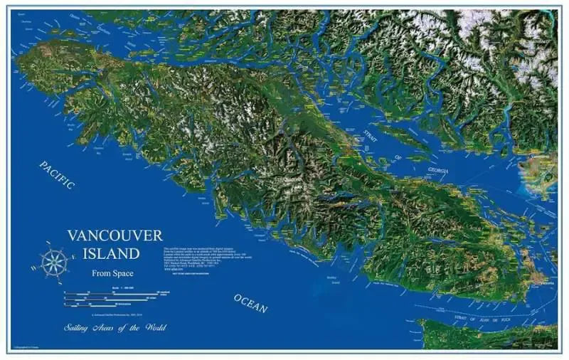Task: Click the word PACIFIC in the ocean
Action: (x=57, y=175)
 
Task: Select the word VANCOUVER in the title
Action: (x=115, y=235)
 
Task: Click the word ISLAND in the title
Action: (x=115, y=253)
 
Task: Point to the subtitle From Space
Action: (x=112, y=273)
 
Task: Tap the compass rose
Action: (x=53, y=262)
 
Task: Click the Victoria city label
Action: (x=546, y=282)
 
